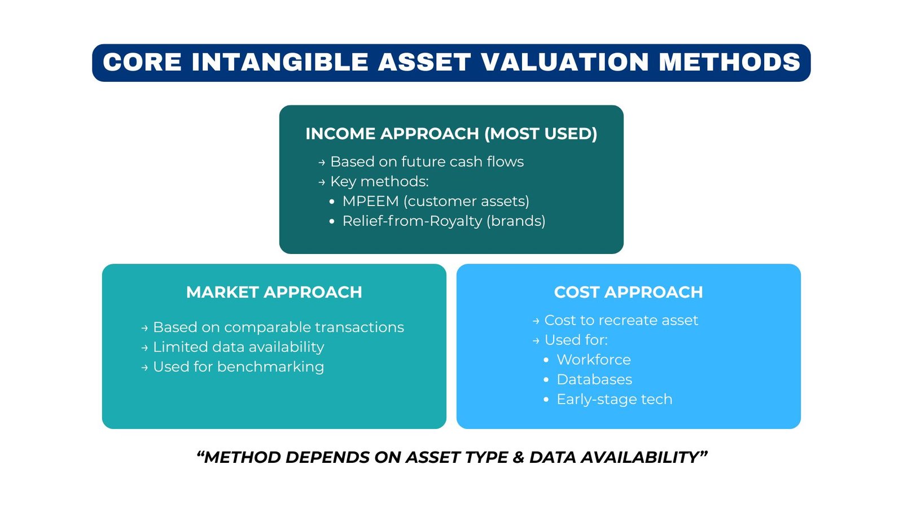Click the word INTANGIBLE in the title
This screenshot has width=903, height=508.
279,62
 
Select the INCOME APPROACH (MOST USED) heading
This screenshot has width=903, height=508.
451,134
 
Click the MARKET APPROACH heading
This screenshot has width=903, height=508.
274,292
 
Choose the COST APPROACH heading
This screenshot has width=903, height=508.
628,292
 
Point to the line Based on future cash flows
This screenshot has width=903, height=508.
427,162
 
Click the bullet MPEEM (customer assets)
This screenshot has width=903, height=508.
435,202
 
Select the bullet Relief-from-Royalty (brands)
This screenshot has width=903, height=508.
444,221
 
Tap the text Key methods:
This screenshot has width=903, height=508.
379,182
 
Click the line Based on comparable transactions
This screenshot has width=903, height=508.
278,327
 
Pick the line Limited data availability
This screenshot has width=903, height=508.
238,347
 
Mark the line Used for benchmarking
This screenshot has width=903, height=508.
238,367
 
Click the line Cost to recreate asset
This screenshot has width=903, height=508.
621,321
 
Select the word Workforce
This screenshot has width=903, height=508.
594,360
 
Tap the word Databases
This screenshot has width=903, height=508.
594,380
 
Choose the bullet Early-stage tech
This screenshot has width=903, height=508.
614,400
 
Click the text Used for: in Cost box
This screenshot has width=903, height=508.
576,340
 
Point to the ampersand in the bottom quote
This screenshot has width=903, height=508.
519,457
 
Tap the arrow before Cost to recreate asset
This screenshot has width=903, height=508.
536,321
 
